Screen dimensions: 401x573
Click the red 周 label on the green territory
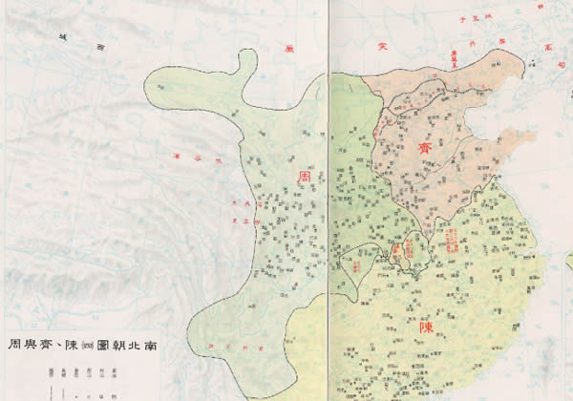305,178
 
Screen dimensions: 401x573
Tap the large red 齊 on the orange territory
426,148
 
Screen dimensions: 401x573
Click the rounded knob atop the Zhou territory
246,64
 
